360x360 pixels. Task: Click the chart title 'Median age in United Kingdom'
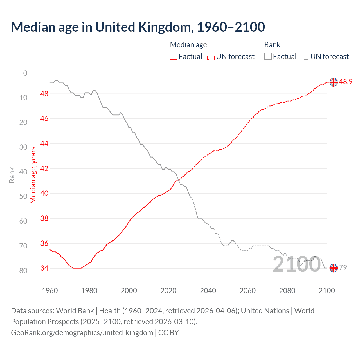click(x=138, y=27)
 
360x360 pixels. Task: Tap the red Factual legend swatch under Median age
click(x=174, y=57)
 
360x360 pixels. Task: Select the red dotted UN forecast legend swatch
click(x=211, y=57)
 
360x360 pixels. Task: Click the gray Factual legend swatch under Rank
click(x=268, y=57)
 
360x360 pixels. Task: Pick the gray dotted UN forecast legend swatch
click(x=305, y=57)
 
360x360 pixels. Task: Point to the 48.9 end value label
click(x=346, y=82)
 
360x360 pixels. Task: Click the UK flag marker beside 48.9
click(x=334, y=82)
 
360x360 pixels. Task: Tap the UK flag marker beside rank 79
click(x=334, y=268)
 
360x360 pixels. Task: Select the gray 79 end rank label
click(x=343, y=267)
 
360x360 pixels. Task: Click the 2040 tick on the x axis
click(x=208, y=291)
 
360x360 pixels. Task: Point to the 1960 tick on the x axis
click(x=50, y=291)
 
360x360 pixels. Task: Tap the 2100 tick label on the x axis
click(x=327, y=291)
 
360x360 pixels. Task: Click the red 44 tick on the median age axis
click(x=44, y=144)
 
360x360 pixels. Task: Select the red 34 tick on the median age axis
click(x=44, y=268)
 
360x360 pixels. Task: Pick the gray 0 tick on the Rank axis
click(x=25, y=73)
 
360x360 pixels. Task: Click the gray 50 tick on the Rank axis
click(x=23, y=196)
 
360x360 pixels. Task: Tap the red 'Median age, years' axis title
click(x=33, y=175)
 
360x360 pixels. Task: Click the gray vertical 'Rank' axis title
click(x=12, y=175)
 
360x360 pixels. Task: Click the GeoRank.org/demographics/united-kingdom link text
click(x=82, y=333)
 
